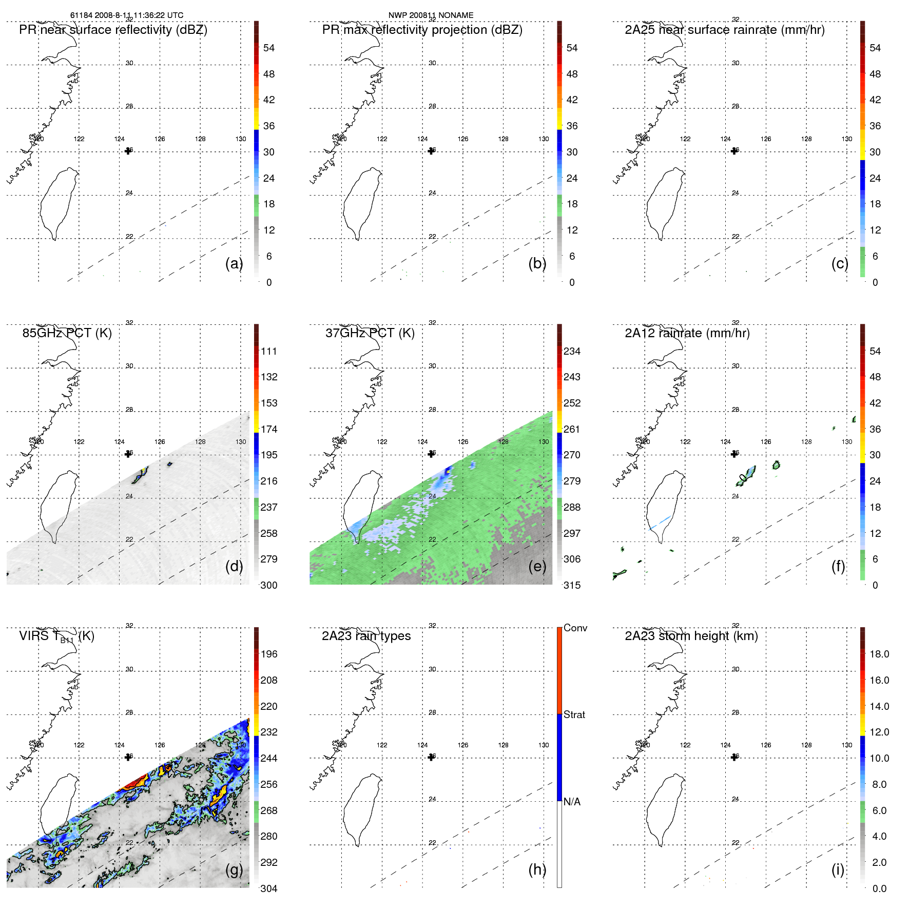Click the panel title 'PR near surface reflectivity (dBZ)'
coord(113,30)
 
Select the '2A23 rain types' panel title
coord(366,636)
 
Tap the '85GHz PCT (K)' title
coord(67,333)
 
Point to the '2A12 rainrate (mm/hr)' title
coord(687,333)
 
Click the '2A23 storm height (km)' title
coord(691,636)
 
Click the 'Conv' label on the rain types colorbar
coord(575,628)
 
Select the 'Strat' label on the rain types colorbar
coord(574,714)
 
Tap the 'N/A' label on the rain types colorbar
coord(572,802)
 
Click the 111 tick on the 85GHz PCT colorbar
coord(269,351)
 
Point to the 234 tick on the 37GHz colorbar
coord(572,351)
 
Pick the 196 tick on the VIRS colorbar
coord(269,654)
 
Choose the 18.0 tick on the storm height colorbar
coord(879,654)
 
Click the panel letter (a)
coord(234,263)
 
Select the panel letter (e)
coord(537,566)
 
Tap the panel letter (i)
coord(838,869)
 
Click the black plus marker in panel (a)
coord(128,151)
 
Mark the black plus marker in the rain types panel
coord(431,757)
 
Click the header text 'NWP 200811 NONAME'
coord(431,15)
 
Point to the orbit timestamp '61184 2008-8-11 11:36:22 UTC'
coord(127,15)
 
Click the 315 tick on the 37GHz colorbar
coord(572,585)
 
